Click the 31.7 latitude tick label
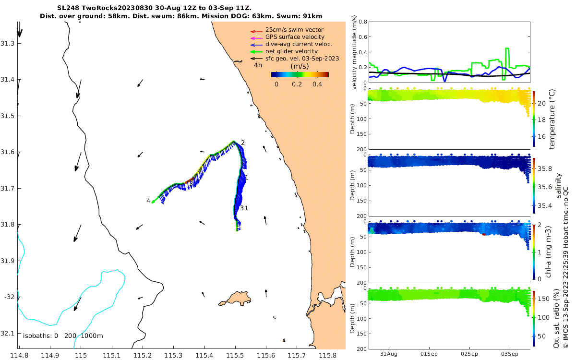point(8,188)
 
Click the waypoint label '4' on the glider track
point(148,201)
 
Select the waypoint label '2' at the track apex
point(243,143)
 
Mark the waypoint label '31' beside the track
point(244,208)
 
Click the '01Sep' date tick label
point(429,354)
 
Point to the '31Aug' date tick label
point(389,354)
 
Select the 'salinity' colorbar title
point(558,186)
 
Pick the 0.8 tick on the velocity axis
point(363,22)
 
